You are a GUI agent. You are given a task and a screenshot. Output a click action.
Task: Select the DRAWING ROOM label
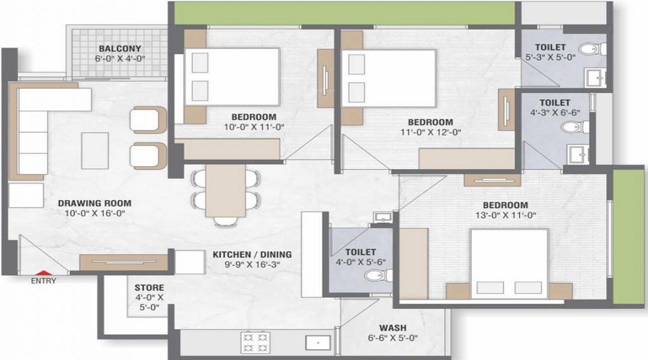coord(95,203)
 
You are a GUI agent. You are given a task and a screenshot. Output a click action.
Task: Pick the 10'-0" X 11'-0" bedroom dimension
coord(254,127)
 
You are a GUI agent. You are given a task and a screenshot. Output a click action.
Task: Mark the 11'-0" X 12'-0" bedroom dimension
coord(431,132)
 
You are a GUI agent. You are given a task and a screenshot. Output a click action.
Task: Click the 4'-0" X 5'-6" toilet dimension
coord(361,263)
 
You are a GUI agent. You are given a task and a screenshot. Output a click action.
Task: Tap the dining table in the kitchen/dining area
coord(225,191)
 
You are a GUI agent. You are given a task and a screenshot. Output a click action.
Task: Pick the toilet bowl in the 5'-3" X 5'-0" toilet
coord(592,49)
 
